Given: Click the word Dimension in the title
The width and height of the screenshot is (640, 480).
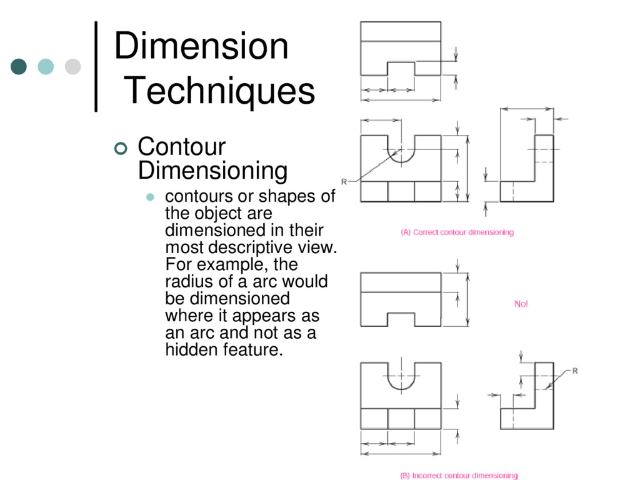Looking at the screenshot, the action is [x=201, y=47].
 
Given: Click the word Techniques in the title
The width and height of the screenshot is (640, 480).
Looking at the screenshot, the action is [x=221, y=91].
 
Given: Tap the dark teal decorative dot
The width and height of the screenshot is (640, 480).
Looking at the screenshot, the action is [x=19, y=66].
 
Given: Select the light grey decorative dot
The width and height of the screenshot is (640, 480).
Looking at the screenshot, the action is [x=73, y=66].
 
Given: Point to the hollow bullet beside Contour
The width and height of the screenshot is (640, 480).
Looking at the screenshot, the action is [x=121, y=148].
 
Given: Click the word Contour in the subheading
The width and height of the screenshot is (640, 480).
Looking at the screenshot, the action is [x=181, y=147].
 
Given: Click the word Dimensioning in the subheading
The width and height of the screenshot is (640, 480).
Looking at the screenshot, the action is [x=212, y=170].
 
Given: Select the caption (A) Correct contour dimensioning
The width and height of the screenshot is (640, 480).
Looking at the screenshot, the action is [x=457, y=232].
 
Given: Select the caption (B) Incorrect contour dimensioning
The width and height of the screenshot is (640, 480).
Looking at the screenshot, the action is [x=459, y=476].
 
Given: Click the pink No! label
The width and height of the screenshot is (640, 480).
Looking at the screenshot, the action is [x=521, y=304].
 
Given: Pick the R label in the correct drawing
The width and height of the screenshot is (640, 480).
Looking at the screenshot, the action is [x=344, y=182].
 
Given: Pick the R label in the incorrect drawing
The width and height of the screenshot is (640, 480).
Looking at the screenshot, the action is [x=575, y=371].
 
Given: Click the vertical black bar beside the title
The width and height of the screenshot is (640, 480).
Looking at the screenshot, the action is [x=96, y=66].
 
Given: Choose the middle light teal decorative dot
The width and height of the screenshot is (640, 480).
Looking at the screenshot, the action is [x=46, y=66].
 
